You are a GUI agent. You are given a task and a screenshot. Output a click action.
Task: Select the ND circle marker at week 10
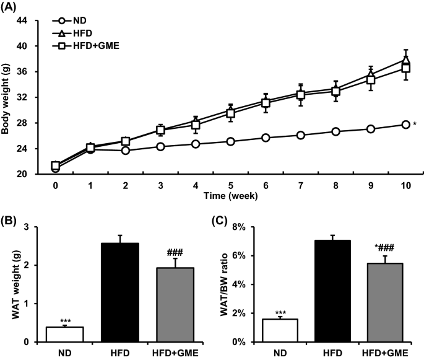[x=405, y=125]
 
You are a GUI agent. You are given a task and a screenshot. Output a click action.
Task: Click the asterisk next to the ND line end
[x=414, y=125]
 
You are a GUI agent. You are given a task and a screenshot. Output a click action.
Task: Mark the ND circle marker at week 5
[x=230, y=141]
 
